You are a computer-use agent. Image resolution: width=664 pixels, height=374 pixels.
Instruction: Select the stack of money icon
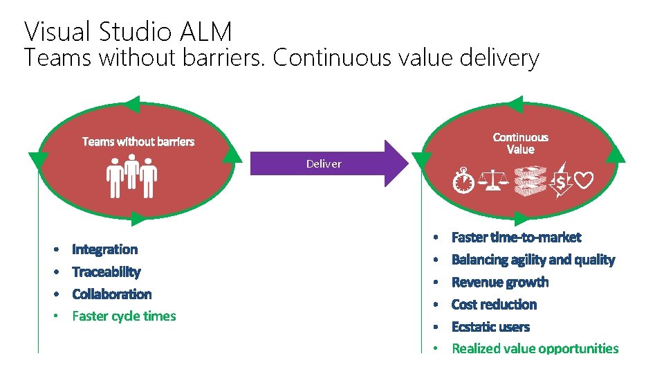pyautogui.click(x=528, y=181)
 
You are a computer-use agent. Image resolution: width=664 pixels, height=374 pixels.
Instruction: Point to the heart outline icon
pyautogui.click(x=584, y=181)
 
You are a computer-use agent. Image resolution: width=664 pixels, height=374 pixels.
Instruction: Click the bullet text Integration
pyautogui.click(x=104, y=249)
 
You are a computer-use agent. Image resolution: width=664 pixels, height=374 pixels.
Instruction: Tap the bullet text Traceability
pyautogui.click(x=106, y=271)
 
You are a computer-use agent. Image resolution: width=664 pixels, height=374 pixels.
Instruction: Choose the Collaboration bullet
pyautogui.click(x=111, y=294)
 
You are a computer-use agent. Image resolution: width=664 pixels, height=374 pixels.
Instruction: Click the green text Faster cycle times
pyautogui.click(x=124, y=316)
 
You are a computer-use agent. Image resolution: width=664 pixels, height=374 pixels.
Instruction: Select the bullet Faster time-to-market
pyautogui.click(x=516, y=238)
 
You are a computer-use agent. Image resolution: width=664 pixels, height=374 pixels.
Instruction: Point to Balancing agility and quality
pyautogui.click(x=533, y=260)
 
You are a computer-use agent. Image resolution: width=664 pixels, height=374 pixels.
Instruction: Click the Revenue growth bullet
pyautogui.click(x=499, y=282)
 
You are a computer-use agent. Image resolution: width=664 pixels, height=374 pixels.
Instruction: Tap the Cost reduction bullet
pyautogui.click(x=494, y=304)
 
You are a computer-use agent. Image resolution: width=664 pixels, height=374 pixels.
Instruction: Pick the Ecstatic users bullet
pyautogui.click(x=490, y=326)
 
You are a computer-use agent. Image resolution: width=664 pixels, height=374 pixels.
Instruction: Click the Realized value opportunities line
pyautogui.click(x=535, y=348)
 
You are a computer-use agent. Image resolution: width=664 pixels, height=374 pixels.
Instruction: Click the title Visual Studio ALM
pyautogui.click(x=128, y=31)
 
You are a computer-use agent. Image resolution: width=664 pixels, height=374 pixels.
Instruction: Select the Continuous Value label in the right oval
pyautogui.click(x=520, y=143)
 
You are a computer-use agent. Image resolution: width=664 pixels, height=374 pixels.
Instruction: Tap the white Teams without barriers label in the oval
pyautogui.click(x=138, y=142)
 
